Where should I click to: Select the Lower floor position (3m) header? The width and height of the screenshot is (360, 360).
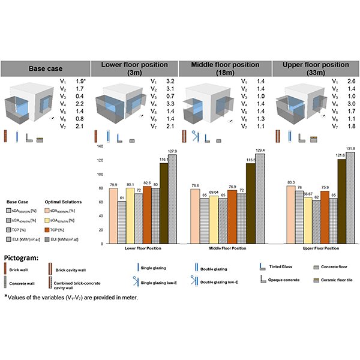pyautogui.click(x=136, y=68)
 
